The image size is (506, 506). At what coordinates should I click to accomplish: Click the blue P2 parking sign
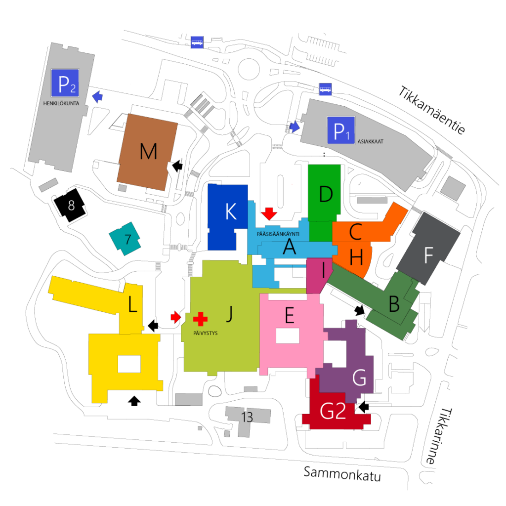point(65,83)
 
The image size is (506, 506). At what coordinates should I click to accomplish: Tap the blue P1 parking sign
point(341,130)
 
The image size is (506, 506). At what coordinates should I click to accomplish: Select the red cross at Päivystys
point(200,319)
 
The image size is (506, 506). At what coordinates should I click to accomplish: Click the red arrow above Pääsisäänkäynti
point(269,213)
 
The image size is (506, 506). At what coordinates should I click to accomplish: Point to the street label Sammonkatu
point(342,474)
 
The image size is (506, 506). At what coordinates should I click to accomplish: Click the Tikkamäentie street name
point(432,110)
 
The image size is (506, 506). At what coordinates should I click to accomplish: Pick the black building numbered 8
point(70,205)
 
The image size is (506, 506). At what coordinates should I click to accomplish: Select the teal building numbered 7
point(125,239)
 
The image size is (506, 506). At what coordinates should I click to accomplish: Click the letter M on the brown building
point(148,151)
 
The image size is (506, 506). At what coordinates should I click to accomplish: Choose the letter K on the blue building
point(231,211)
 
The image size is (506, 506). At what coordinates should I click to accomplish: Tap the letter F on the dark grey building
point(428,255)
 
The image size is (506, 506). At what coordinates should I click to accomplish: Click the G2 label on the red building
point(333,411)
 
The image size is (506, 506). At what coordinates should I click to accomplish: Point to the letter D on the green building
point(326,194)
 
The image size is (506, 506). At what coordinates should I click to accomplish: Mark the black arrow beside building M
point(177,166)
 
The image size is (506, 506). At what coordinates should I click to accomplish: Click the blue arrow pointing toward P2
point(97,96)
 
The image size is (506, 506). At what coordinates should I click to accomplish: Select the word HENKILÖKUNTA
point(61,104)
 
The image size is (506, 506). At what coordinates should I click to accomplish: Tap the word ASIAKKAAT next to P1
point(371,141)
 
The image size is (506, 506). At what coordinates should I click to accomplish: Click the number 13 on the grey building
point(247,417)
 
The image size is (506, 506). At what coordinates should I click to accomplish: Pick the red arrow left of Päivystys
point(175,317)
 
